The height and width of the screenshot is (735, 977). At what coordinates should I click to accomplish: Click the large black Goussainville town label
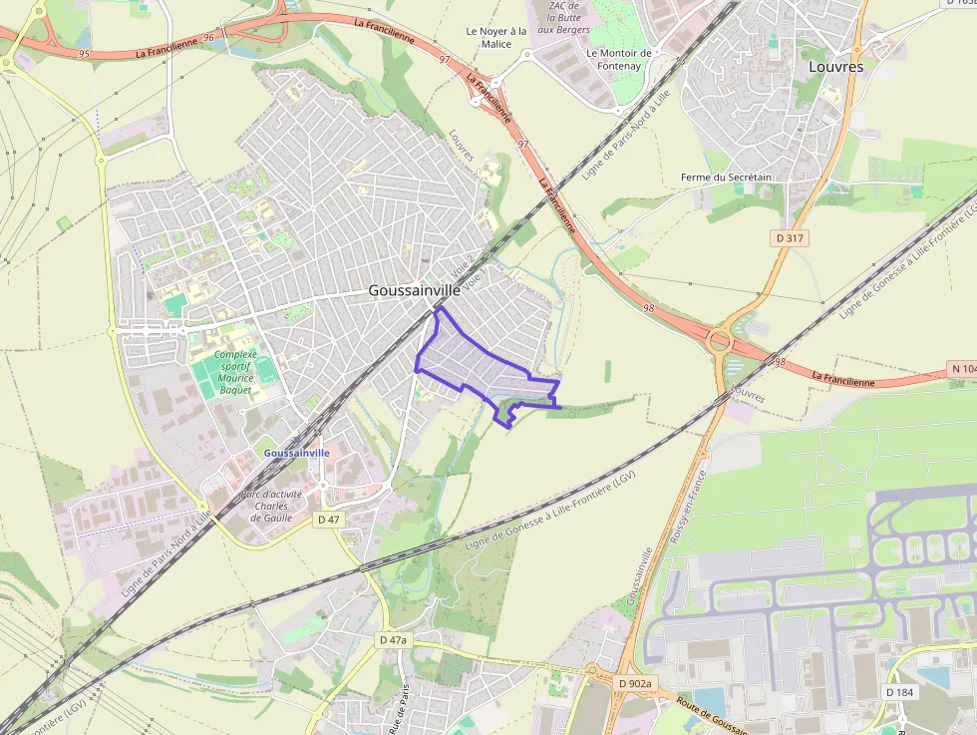[x=415, y=290]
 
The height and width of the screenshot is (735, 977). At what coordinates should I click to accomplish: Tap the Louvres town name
[x=836, y=66]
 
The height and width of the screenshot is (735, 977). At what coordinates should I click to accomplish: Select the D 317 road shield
[x=790, y=238]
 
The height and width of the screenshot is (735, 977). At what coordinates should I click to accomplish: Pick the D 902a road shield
[x=634, y=683]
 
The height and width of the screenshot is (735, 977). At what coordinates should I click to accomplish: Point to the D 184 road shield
[x=899, y=692]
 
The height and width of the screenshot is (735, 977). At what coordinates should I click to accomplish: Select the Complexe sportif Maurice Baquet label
[x=235, y=372]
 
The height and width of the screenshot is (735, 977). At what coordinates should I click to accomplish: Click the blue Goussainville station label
[x=296, y=453]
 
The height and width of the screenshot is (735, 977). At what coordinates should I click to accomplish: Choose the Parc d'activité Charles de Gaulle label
[x=272, y=506]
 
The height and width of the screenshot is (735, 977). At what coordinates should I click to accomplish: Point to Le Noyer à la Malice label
[x=496, y=37]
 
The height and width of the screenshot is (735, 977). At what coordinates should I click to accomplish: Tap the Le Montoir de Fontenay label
[x=619, y=60]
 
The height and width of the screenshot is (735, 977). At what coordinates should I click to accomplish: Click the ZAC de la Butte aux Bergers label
[x=564, y=17]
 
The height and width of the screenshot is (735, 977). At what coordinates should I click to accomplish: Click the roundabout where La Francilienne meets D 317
[x=720, y=341]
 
